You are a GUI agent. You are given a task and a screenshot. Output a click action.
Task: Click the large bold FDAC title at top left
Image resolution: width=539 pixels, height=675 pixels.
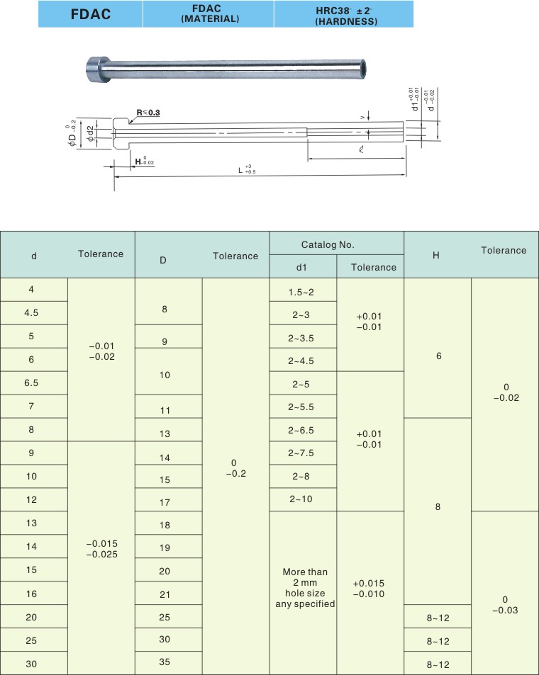91,13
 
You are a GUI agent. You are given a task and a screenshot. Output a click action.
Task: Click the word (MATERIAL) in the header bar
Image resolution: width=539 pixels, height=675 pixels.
210,19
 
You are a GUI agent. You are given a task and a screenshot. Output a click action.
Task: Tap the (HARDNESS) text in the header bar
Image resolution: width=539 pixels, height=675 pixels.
346,21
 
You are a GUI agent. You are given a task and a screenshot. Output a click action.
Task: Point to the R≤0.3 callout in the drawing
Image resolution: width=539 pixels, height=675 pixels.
148,113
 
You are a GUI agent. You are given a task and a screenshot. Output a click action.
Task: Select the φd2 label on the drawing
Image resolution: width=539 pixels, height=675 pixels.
90,133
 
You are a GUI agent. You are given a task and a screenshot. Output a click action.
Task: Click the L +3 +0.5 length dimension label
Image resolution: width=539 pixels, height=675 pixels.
247,169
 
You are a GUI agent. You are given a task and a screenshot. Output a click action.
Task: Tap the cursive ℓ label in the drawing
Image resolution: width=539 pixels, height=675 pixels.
362,149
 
